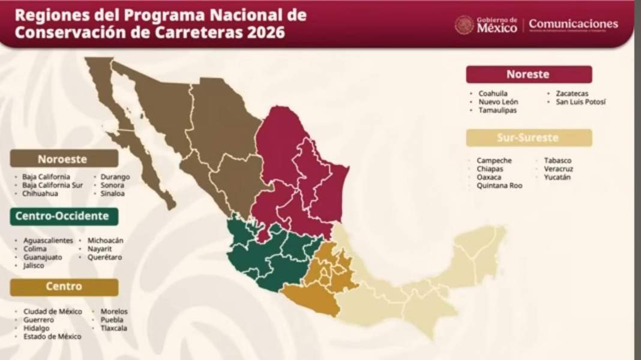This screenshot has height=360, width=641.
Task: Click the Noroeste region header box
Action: [63, 159]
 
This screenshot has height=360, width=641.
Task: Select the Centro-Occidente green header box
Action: [63, 216]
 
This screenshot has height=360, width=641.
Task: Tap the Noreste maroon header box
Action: [528, 74]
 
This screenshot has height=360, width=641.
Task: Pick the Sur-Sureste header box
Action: [528, 138]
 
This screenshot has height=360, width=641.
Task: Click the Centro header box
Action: [63, 287]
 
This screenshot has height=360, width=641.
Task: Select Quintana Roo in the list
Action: [499, 186]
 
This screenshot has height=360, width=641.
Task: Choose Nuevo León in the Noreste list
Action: [498, 102]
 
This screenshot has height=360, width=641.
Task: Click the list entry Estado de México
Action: [52, 337]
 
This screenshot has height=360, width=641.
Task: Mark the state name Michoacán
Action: [105, 241]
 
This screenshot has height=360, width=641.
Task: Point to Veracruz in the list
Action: [558, 169]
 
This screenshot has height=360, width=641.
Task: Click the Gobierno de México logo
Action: [486, 25]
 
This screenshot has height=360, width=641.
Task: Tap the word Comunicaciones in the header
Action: [573, 25]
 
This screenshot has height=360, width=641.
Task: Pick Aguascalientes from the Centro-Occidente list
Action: [48, 241]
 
